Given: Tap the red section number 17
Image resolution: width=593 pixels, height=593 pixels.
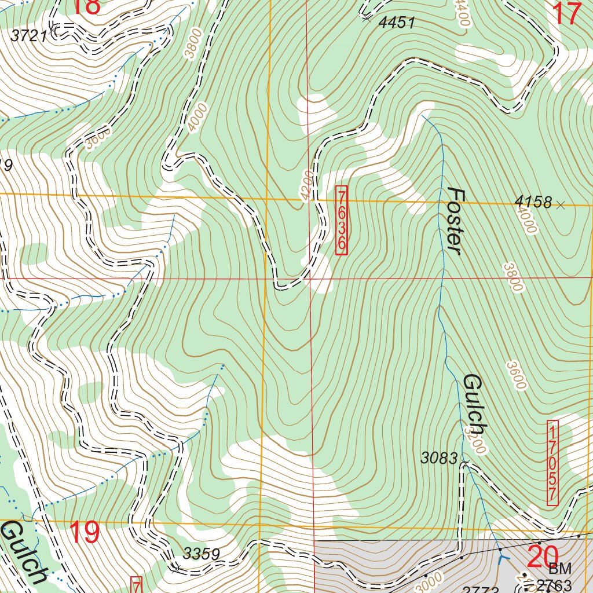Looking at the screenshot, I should [567, 13].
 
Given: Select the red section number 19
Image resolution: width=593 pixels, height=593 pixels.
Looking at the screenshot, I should [85, 533].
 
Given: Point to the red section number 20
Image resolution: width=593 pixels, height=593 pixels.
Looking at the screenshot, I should [544, 557].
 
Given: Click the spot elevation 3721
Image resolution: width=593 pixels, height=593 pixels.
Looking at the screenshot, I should [28, 36].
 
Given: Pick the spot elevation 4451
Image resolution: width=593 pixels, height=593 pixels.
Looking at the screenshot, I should [397, 23].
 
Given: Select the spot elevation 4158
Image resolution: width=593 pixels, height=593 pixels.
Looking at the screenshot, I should [532, 203].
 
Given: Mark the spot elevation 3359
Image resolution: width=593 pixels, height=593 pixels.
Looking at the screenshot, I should [202, 554].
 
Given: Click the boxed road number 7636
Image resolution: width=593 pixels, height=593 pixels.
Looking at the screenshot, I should [342, 219].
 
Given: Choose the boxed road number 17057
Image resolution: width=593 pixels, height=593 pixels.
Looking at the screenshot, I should [552, 463].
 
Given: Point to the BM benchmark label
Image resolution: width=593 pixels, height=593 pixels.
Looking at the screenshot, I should [560, 569].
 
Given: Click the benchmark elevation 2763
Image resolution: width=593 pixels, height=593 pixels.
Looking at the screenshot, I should [554, 584].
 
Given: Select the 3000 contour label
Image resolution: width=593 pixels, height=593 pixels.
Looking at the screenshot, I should [427, 581].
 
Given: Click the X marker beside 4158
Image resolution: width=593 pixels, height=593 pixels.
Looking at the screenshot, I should [560, 204].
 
